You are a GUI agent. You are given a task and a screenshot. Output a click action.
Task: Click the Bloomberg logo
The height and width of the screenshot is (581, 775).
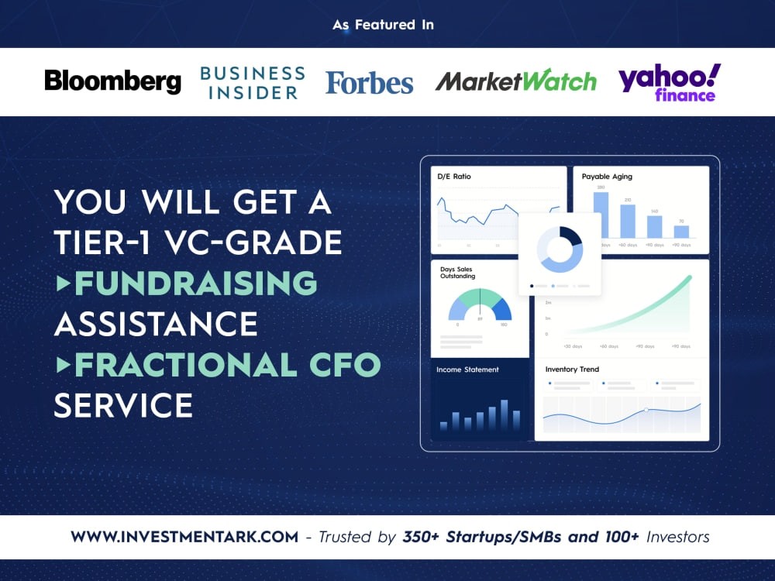point(112,81)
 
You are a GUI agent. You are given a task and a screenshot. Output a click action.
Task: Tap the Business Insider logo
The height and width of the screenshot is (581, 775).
point(252,82)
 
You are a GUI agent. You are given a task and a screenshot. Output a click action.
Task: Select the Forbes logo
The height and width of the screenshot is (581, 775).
point(369,82)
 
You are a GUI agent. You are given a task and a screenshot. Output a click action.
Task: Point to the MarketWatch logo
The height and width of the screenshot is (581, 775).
point(515,81)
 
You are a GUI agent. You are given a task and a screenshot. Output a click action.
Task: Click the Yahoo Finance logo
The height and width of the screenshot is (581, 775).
point(669,82)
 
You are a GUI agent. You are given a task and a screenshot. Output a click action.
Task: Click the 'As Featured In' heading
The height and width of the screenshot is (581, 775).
point(384,25)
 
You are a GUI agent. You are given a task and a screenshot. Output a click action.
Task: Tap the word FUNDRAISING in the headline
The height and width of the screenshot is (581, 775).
point(195,284)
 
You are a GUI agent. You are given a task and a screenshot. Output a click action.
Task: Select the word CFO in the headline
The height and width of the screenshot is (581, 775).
point(343,365)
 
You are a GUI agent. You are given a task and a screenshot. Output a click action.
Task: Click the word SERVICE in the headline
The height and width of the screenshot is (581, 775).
point(123,405)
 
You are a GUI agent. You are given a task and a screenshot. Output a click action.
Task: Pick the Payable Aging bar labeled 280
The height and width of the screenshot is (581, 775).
point(601,215)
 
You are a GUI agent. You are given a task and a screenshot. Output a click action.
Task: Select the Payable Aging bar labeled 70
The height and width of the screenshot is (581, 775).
point(680,231)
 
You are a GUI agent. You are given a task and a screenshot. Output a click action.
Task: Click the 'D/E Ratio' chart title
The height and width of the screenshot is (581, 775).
point(455,177)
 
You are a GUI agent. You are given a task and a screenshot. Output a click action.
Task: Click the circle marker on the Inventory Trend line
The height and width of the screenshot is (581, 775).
point(646,410)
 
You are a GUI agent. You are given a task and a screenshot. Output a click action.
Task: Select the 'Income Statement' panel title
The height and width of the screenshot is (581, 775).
point(467,370)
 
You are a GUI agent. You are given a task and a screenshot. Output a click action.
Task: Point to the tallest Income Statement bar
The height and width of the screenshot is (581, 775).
point(505,414)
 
